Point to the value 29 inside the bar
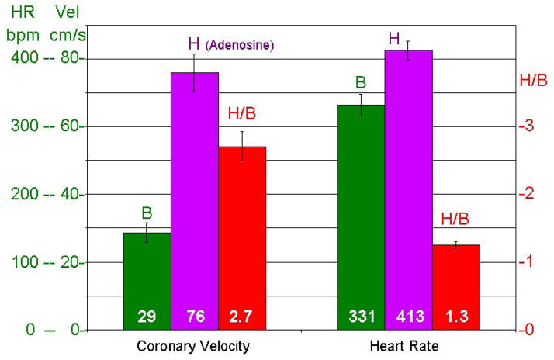(147, 317)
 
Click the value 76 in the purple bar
(194, 317)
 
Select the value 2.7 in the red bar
(242, 317)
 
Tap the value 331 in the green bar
(361, 317)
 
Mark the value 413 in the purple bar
(408, 317)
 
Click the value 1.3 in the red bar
(455, 317)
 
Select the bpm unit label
(19, 36)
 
